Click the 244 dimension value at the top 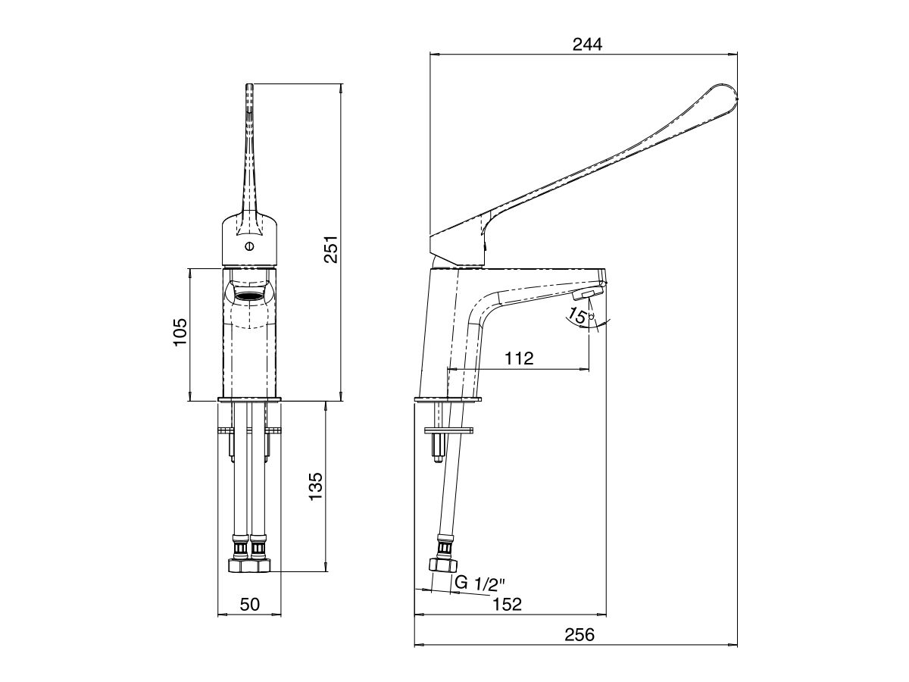(587, 44)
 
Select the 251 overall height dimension (331, 249)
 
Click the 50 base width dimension (249, 604)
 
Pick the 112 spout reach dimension (518, 358)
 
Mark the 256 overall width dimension (579, 635)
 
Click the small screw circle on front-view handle (249, 246)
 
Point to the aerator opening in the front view (249, 295)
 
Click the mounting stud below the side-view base (439, 446)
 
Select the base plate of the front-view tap (249, 399)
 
